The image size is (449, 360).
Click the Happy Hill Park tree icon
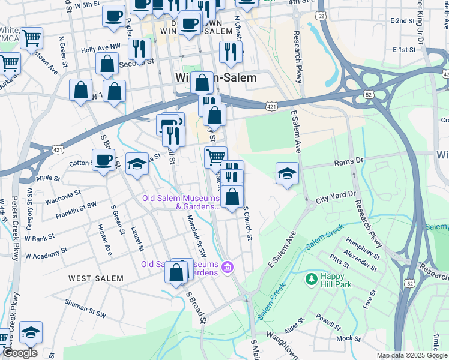coord(311,279)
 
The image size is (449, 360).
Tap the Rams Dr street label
coord(351,161)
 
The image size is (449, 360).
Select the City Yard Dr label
coord(336,197)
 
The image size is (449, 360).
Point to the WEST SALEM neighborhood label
coord(95,278)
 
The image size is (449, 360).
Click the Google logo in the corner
coord(19,353)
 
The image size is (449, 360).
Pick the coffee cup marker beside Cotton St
coord(103,160)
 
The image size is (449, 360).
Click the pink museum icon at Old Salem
coord(227,266)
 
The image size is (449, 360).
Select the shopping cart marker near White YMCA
coord(31,38)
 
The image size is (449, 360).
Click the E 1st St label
coord(405,49)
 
